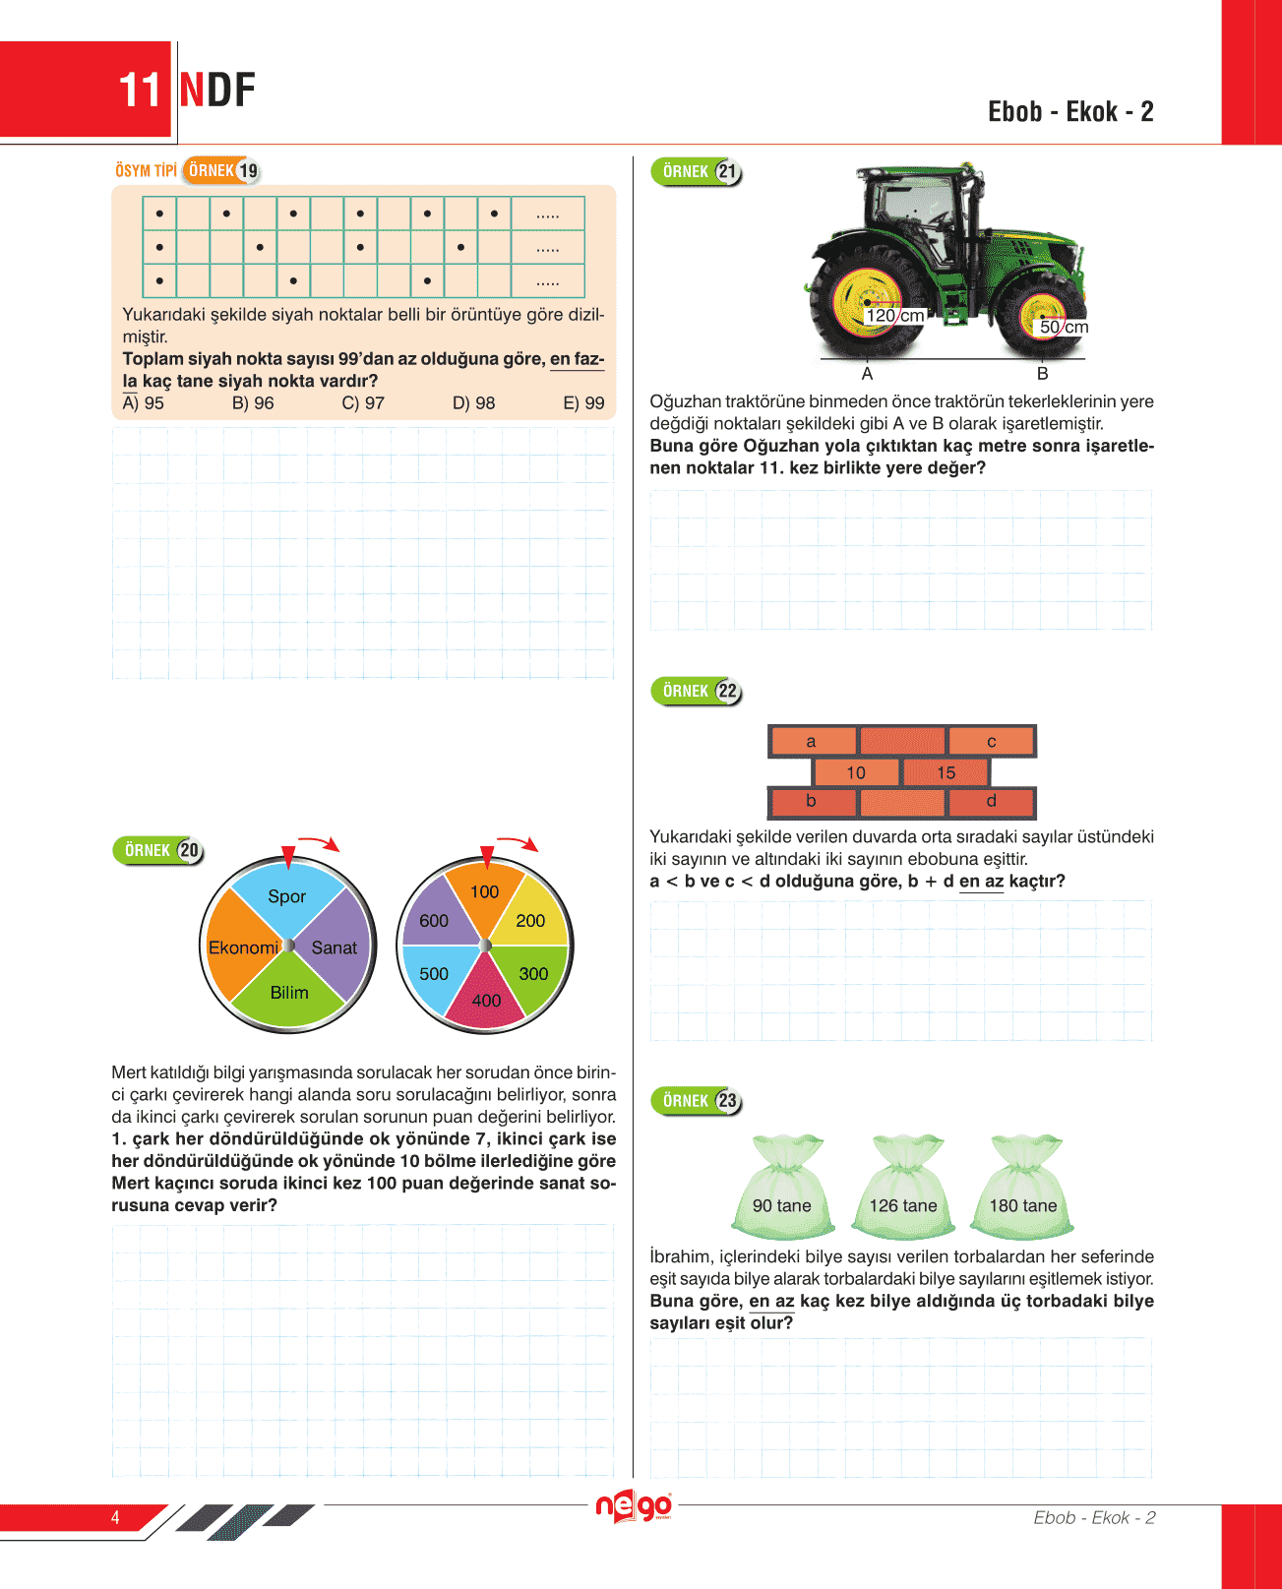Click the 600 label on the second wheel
[x=434, y=921]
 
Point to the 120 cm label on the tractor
[x=894, y=316]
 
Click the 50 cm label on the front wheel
[x=1064, y=327]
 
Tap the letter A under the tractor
[x=867, y=374]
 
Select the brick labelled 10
[x=856, y=772]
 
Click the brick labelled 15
[x=946, y=772]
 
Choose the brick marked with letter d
[x=991, y=801]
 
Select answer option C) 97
[x=363, y=403]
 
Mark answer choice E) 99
[x=583, y=403]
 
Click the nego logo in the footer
[x=635, y=1506]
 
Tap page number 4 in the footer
[x=115, y=1517]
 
